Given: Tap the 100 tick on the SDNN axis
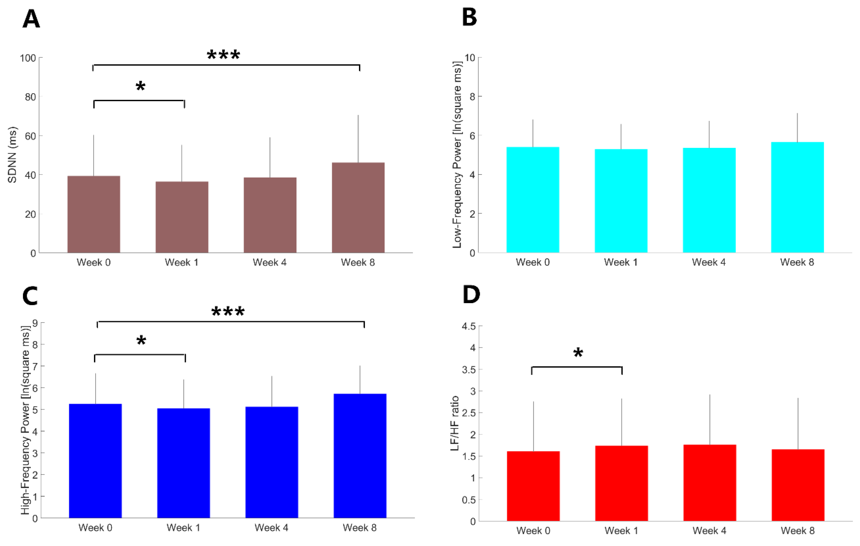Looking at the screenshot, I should tap(28, 58).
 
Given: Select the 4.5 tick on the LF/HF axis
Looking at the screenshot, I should tap(469, 326).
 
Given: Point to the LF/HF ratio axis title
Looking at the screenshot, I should tap(455, 423).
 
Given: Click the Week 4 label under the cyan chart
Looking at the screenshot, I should tap(709, 262).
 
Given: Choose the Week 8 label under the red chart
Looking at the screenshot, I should tap(798, 531).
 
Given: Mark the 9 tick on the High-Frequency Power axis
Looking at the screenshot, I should tap(35, 323).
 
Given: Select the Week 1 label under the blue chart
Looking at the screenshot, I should tap(183, 527).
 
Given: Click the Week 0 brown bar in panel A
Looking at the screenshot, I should tap(94, 214).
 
